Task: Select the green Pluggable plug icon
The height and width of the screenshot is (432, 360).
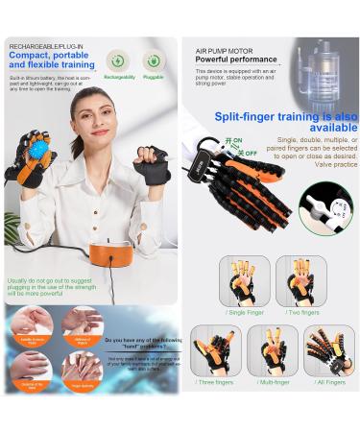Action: (x=154, y=61)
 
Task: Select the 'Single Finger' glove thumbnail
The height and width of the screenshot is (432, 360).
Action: (x=244, y=279)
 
